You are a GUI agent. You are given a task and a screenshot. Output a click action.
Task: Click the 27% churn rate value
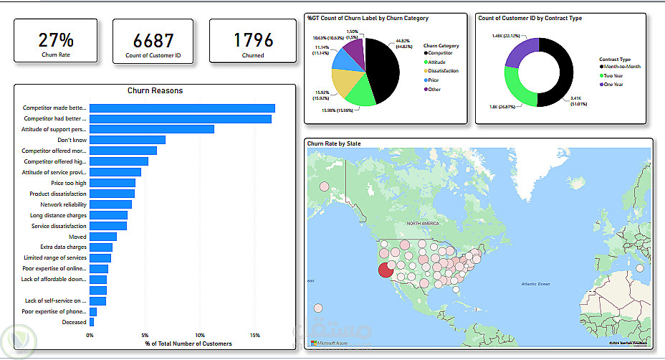[55, 39]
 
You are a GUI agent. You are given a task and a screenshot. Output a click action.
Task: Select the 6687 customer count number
[153, 40]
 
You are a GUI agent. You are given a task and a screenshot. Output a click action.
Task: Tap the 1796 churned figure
[253, 40]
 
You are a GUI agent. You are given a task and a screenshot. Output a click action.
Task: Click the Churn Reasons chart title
[155, 91]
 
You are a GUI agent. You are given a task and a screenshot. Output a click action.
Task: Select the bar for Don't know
[128, 140]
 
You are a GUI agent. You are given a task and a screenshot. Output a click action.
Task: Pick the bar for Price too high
[113, 183]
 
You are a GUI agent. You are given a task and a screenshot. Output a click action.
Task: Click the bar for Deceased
[92, 322]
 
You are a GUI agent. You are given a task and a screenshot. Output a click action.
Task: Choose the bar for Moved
[103, 237]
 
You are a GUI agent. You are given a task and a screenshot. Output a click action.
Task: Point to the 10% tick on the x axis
[200, 335]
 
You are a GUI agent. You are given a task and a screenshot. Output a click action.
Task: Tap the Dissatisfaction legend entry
[444, 71]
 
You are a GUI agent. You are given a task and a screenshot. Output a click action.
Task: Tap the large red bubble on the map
[386, 269]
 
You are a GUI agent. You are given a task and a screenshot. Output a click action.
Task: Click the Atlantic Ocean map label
[535, 285]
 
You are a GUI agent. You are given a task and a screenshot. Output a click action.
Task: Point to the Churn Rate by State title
[334, 144]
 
